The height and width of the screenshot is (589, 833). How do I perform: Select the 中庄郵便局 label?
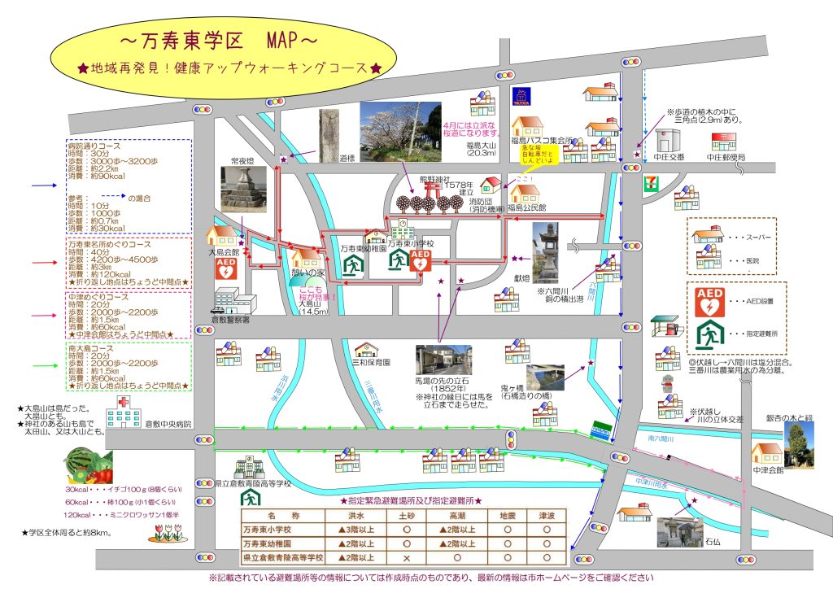click(726, 157)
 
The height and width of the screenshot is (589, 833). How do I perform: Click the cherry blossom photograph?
click(399, 132)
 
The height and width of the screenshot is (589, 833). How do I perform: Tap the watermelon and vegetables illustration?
click(88, 467)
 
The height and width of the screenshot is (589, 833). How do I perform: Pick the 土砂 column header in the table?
click(405, 515)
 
